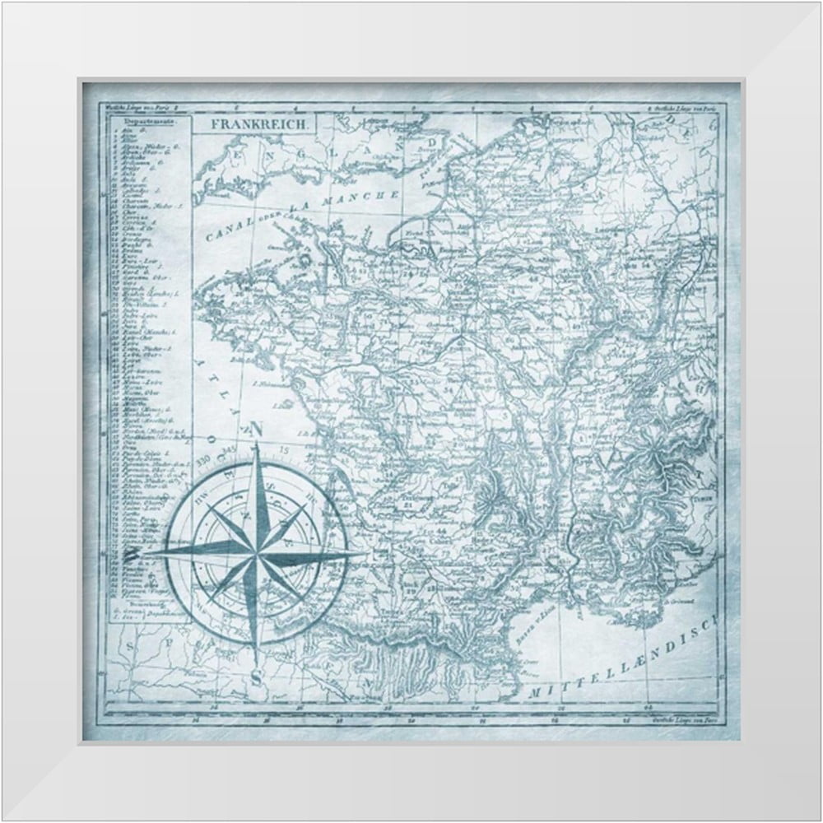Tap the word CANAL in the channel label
point(221,235)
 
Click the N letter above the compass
point(257,429)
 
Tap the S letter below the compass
point(258,677)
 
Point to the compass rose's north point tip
point(257,444)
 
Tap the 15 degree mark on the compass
point(285,449)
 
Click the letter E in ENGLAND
point(239,153)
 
